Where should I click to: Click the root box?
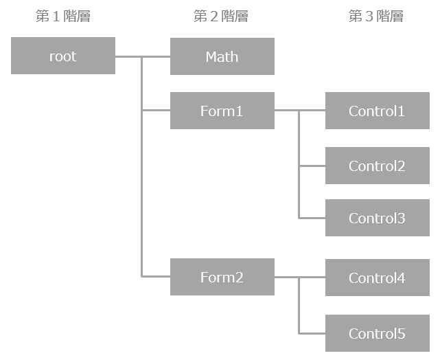(x=63, y=56)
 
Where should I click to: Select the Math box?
(x=222, y=56)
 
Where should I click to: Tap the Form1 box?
(x=222, y=111)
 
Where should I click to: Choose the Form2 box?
(x=222, y=278)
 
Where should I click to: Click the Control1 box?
(x=377, y=111)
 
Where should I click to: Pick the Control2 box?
(x=377, y=166)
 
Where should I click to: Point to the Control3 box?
(x=377, y=218)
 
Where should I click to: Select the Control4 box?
(x=377, y=278)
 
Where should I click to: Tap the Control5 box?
(x=377, y=333)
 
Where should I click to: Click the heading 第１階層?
(x=63, y=16)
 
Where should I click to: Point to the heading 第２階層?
(x=221, y=16)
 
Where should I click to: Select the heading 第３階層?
(x=376, y=16)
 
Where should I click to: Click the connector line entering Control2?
(x=312, y=166)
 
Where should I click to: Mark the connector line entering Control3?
(x=312, y=218)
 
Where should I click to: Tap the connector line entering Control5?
(x=312, y=333)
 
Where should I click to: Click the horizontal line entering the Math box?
(x=157, y=56)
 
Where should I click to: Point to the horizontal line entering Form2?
(x=156, y=276)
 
